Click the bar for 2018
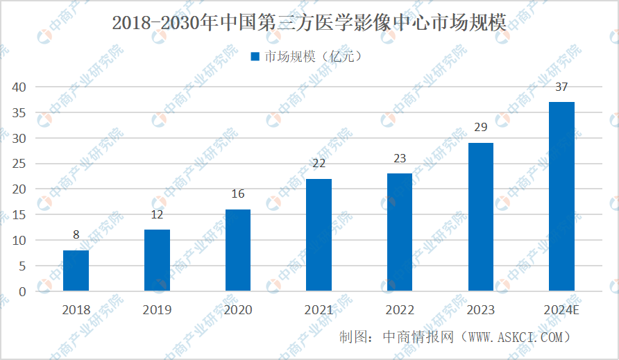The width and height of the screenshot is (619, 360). [76, 271]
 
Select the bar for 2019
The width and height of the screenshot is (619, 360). [157, 260]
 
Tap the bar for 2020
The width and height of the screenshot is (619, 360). [238, 250]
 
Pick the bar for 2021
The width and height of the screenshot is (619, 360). [319, 234]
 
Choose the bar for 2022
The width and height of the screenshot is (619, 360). [400, 232]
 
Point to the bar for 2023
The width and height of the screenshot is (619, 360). [481, 216]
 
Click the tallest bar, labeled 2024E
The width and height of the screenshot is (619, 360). [561, 196]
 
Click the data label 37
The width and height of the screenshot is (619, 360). [561, 87]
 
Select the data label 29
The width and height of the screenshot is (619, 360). [481, 128]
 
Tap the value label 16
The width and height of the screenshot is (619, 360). [238, 194]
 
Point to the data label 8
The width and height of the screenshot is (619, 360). [76, 235]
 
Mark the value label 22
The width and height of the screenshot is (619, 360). [319, 164]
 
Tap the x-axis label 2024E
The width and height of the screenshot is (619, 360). [561, 310]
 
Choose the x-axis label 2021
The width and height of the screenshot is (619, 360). [319, 310]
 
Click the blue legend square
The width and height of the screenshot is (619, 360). [255, 57]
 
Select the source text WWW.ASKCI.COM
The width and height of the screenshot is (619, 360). [513, 337]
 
